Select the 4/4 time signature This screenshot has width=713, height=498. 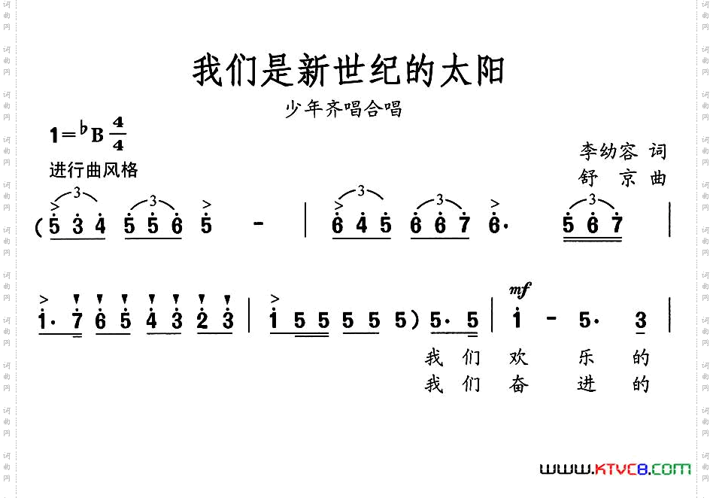click(x=118, y=134)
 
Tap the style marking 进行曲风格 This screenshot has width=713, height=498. click(x=93, y=170)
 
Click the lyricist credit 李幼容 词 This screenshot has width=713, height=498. click(x=623, y=151)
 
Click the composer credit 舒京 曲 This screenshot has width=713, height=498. click(x=623, y=178)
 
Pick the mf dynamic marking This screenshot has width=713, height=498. click(x=519, y=289)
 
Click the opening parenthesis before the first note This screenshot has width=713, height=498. click(x=38, y=226)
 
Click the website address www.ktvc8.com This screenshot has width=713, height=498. click(x=615, y=469)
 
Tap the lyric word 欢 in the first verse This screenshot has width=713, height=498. click(x=519, y=357)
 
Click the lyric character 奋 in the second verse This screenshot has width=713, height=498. click(x=519, y=384)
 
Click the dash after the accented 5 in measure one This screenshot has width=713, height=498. click(x=259, y=225)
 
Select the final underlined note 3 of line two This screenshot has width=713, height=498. click(x=640, y=321)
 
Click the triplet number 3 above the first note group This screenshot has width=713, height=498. click(x=77, y=194)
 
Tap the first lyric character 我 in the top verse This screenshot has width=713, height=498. click(x=434, y=357)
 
